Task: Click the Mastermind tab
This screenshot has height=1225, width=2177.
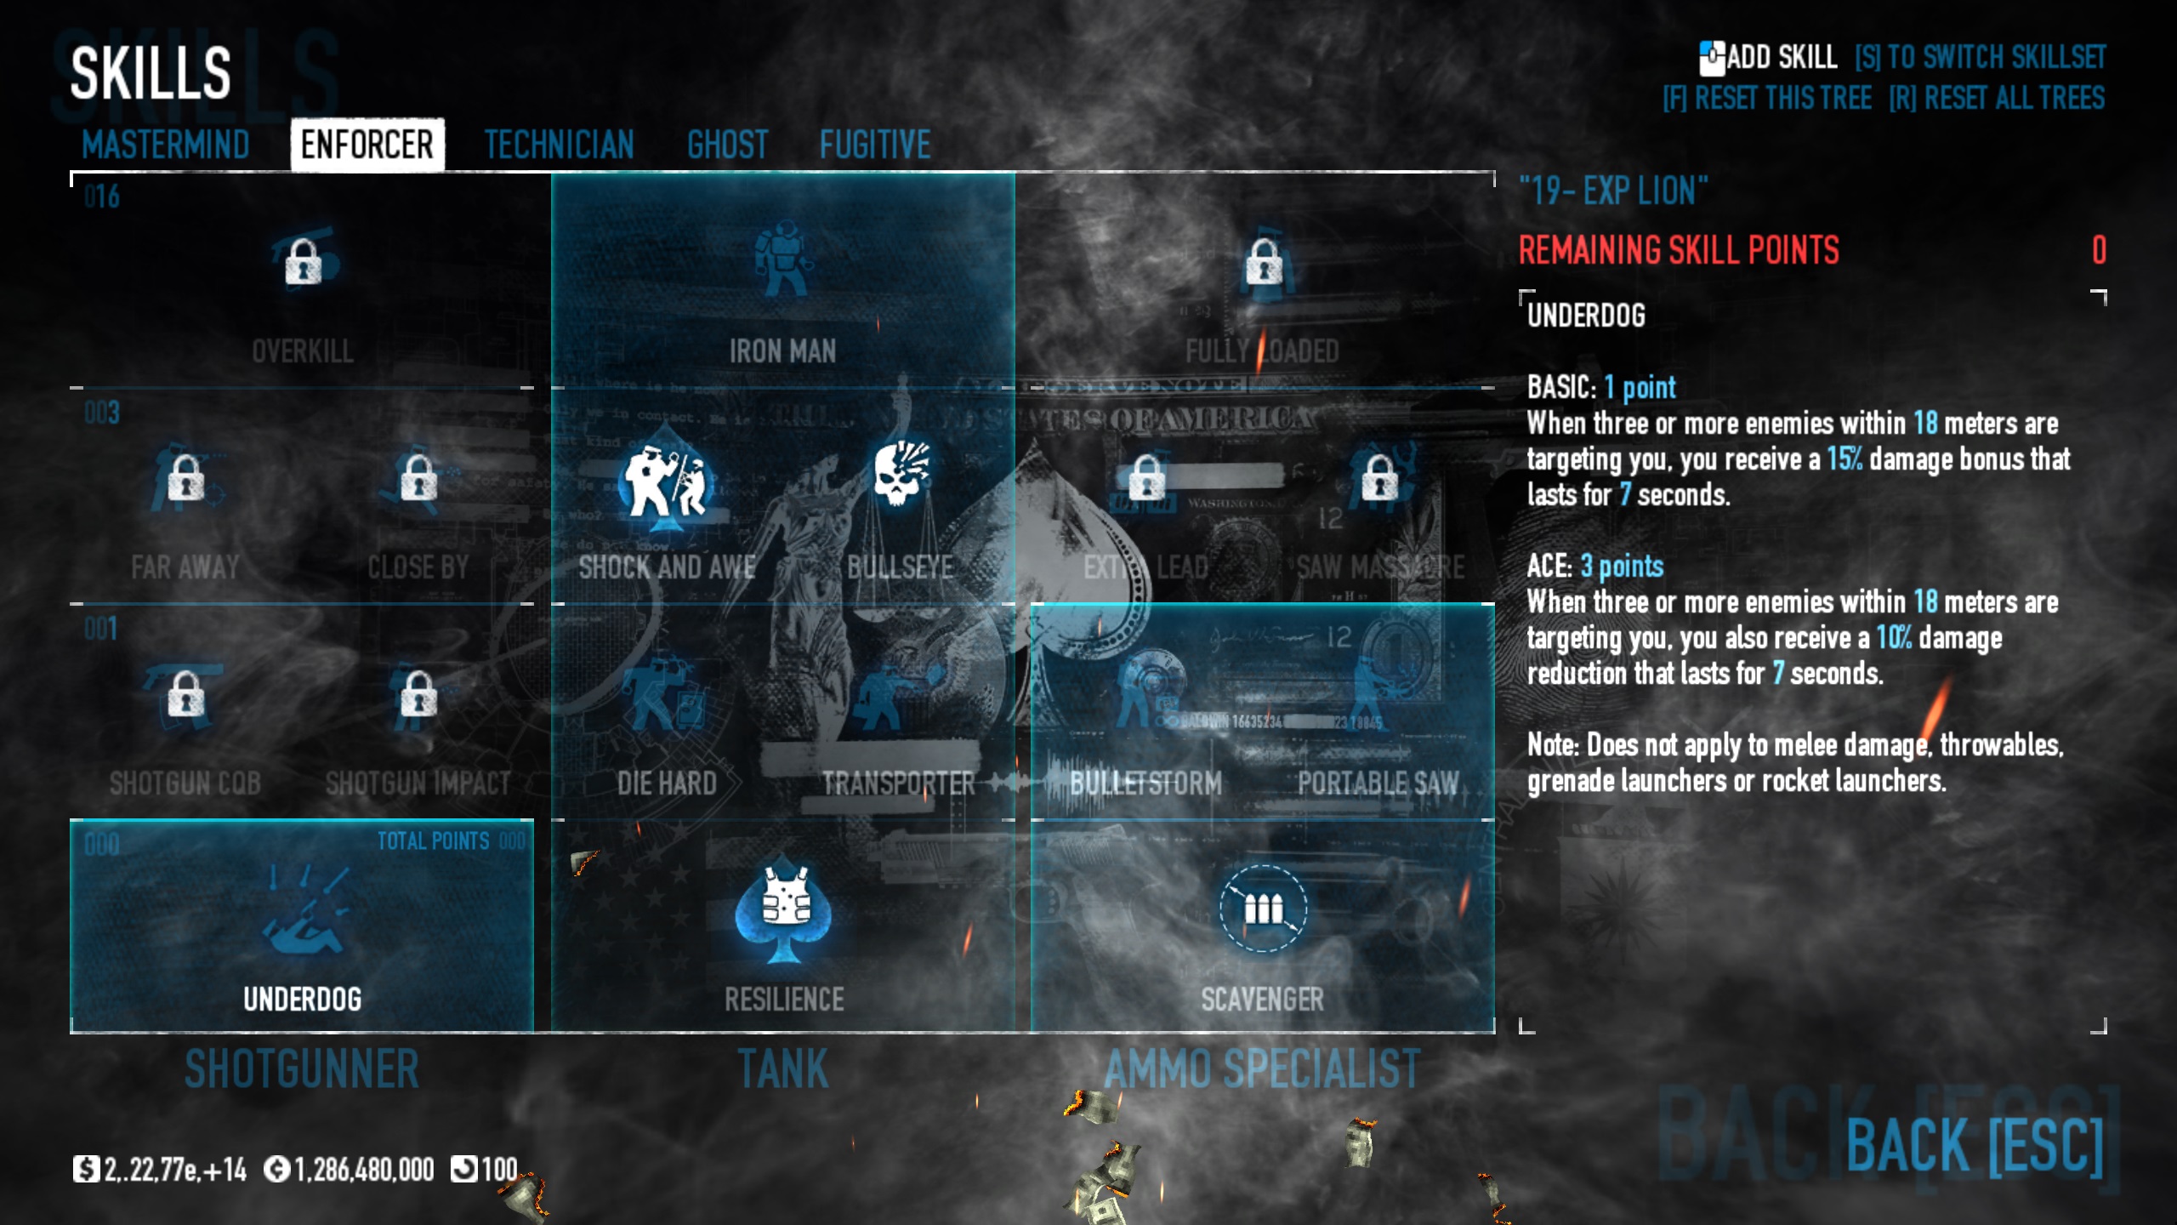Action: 166,145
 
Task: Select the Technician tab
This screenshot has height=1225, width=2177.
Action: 559,145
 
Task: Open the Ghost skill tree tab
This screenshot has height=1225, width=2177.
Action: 727,145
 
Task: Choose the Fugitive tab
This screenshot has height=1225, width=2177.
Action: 874,145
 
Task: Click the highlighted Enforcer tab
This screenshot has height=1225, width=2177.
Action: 367,145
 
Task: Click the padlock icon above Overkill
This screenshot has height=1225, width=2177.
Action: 303,261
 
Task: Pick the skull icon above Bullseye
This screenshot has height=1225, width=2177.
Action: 901,473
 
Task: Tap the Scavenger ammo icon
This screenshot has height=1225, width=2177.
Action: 1263,908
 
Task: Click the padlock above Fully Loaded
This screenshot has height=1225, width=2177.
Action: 1264,261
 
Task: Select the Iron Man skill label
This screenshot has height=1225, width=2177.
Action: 782,351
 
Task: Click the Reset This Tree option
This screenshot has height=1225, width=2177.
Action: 1767,99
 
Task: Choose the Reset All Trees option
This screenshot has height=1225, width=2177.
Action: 1997,99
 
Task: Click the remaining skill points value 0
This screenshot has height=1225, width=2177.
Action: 2099,250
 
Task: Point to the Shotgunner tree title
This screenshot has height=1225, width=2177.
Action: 302,1069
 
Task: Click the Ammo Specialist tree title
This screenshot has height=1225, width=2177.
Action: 1262,1069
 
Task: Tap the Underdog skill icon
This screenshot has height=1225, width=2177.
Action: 303,914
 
